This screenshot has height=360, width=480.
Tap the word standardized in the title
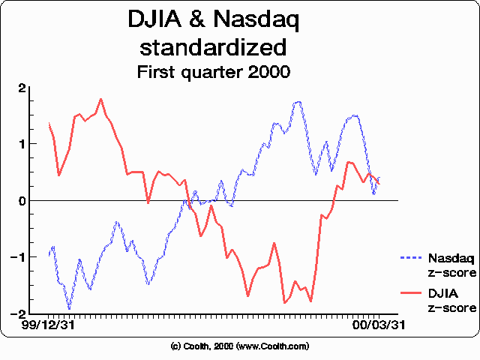pos(214,48)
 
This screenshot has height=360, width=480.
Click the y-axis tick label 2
pos(25,88)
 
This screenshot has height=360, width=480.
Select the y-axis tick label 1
pos(25,144)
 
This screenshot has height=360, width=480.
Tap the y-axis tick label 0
pos(24,200)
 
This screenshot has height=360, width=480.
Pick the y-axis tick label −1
pos(22,257)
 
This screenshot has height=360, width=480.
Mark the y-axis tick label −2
pos(22,313)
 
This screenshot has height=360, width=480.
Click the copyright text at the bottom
pos(240,346)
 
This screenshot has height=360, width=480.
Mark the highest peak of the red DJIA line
pos(100,99)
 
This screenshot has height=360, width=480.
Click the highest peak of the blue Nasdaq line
pos(298,101)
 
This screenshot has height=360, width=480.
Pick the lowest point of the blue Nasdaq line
pos(70,308)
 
